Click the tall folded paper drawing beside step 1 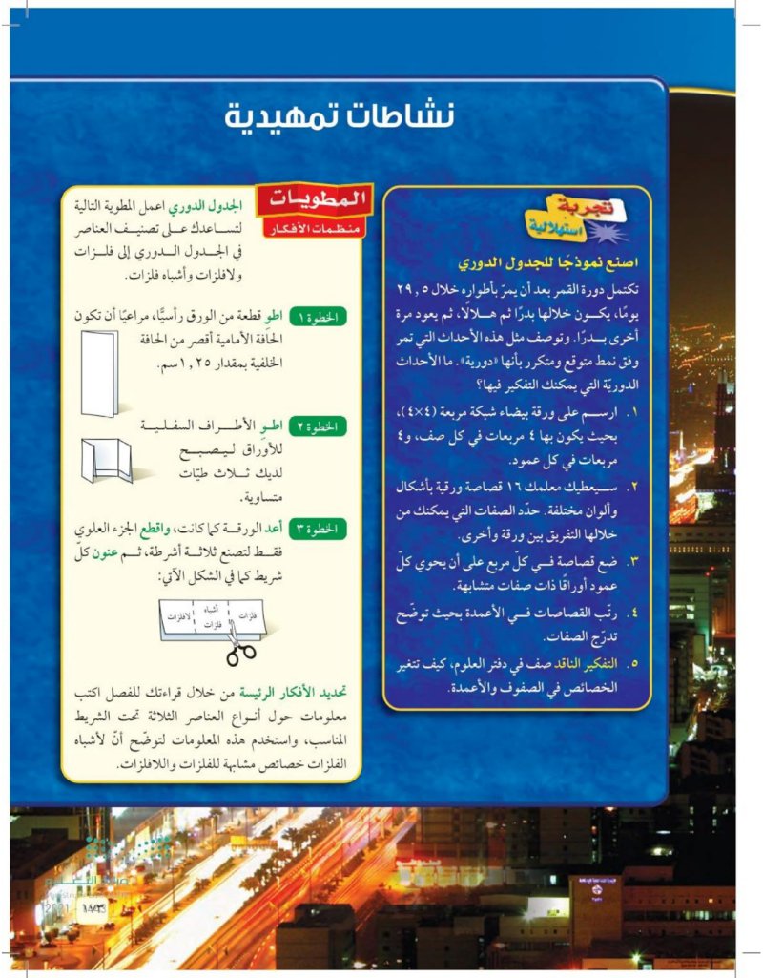pyautogui.click(x=99, y=372)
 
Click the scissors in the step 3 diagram pyautogui.click(x=242, y=653)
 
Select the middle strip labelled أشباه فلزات pyautogui.click(x=212, y=615)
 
